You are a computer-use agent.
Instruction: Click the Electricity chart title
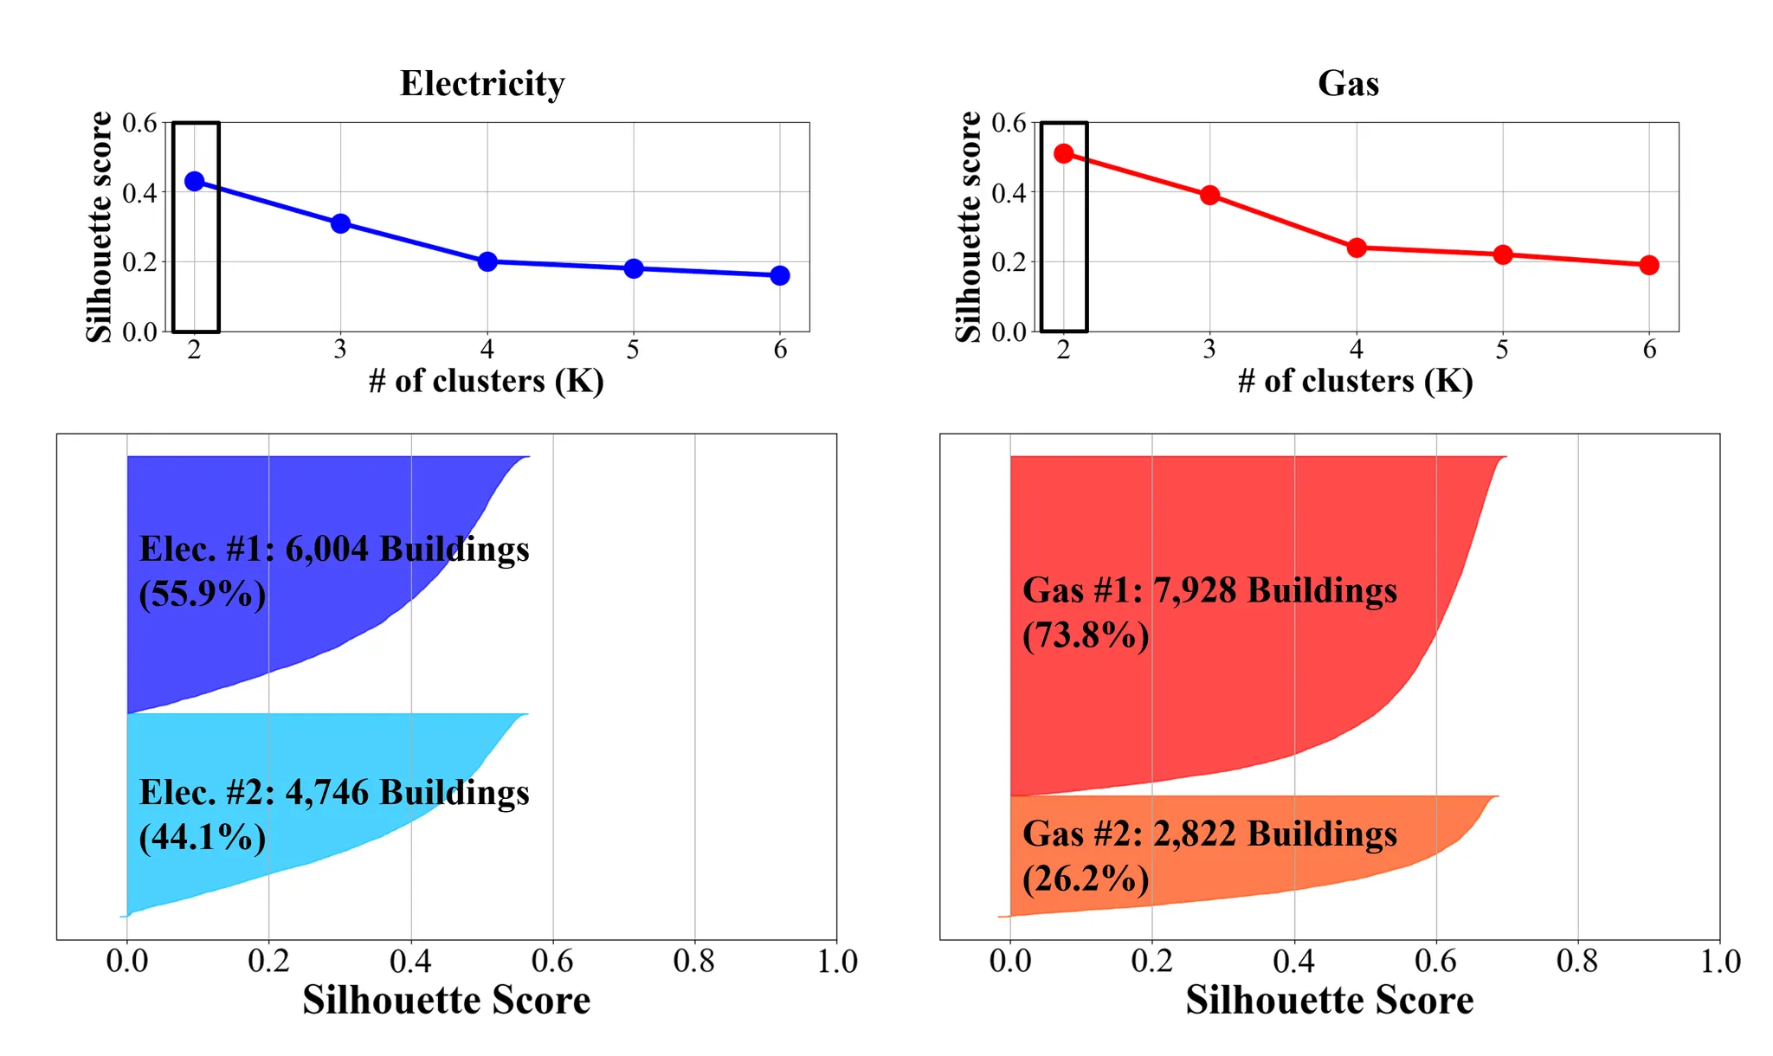[482, 84]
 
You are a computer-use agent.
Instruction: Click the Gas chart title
[1348, 84]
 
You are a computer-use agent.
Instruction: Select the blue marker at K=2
[195, 182]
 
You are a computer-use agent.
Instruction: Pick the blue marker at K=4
[487, 261]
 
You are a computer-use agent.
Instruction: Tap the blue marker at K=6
[780, 275]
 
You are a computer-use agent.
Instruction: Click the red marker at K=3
[1210, 196]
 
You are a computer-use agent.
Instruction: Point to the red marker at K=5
[1503, 254]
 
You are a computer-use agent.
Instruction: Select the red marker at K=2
[1064, 154]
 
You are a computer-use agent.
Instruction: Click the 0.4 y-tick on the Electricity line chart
[140, 192]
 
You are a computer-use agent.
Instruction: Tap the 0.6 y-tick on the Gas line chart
[1009, 123]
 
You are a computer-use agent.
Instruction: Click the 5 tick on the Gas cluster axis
[1503, 350]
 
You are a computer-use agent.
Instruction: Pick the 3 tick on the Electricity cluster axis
[340, 350]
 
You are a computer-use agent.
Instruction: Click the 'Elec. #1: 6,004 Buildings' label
[334, 550]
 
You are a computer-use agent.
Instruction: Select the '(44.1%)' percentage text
[203, 837]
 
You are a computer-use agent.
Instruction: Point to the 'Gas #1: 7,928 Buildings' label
[1209, 590]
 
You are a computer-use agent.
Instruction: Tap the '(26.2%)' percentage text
[1086, 879]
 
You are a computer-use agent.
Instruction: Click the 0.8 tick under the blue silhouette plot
[694, 962]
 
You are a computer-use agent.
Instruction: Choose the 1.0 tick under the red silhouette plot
[1720, 962]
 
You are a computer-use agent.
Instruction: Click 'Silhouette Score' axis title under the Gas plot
[1329, 1001]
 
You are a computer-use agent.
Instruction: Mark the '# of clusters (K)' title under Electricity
[487, 381]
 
